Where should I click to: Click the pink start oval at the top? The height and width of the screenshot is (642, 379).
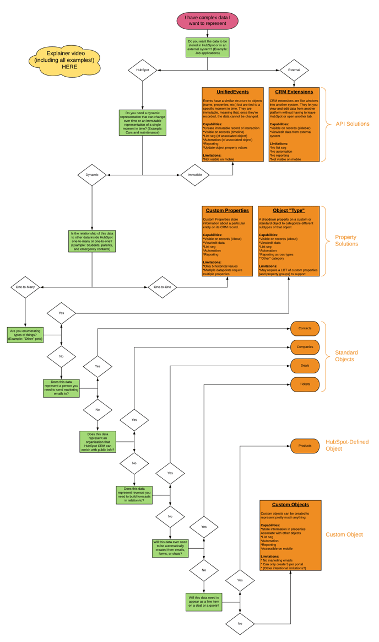(x=207, y=21)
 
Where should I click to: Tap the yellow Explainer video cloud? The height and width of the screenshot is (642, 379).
(x=66, y=60)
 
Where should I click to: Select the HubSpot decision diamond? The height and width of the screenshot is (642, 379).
(x=143, y=70)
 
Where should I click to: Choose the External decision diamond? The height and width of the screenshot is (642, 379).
(x=294, y=70)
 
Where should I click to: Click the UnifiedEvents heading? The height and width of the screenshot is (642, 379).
(x=233, y=92)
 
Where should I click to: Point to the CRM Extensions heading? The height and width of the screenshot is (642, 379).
(x=294, y=92)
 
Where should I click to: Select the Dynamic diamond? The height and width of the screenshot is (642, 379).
(x=92, y=175)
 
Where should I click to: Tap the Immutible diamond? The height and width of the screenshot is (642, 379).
(x=195, y=175)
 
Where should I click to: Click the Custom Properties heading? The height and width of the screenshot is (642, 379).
(x=227, y=211)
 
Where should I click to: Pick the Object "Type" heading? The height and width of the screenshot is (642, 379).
(x=289, y=211)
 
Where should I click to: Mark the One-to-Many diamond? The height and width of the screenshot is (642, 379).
(x=25, y=287)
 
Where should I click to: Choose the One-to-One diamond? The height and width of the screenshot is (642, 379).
(x=163, y=287)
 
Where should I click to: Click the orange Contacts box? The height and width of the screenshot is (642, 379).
(x=305, y=329)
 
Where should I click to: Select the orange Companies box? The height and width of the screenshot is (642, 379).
(x=305, y=347)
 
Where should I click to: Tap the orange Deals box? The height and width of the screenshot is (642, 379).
(x=305, y=366)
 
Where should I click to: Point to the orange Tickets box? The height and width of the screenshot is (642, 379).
(x=305, y=384)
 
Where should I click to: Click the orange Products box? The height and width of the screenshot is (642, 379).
(x=305, y=446)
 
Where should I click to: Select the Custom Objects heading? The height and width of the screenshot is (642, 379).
(x=290, y=505)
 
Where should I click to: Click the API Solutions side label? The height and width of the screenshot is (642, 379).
(x=353, y=124)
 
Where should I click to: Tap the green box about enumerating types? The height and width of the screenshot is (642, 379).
(x=25, y=335)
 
